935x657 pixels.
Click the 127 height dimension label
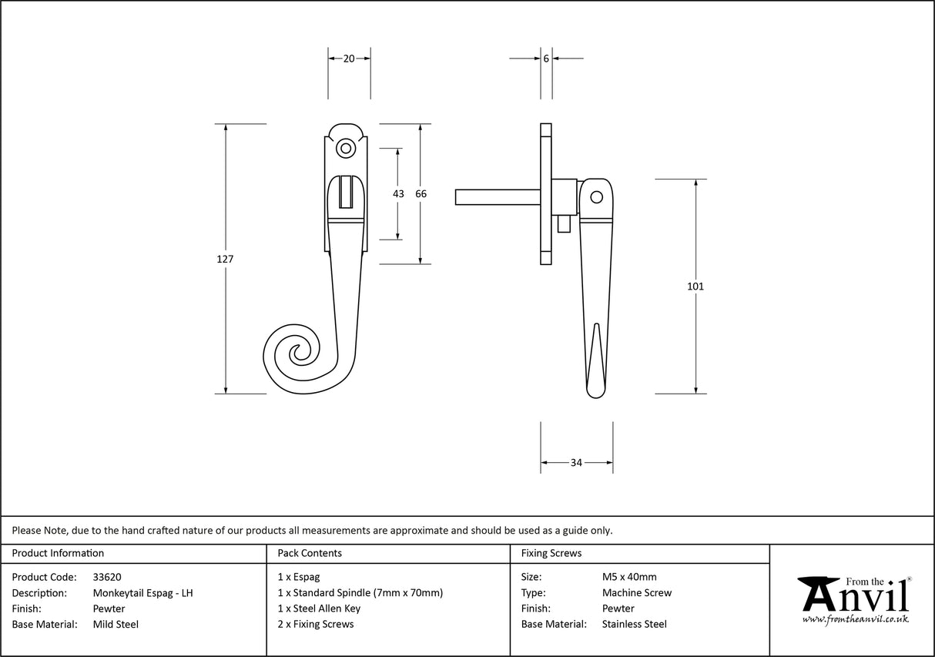click(225, 260)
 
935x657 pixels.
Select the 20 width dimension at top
click(349, 59)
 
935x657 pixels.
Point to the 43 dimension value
click(398, 194)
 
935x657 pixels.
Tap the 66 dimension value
click(421, 194)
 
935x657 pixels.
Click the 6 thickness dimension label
click(545, 59)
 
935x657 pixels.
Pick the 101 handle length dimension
click(695, 287)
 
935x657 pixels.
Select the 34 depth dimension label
click(576, 463)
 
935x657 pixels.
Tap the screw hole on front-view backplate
click(346, 148)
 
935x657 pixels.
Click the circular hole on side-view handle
click(595, 197)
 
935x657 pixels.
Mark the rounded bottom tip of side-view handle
click(595, 393)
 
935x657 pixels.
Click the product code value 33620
click(107, 577)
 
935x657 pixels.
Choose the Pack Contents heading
click(310, 553)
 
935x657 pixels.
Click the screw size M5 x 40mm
click(629, 577)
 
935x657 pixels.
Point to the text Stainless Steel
click(635, 624)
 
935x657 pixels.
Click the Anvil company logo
click(853, 599)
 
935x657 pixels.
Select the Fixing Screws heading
click(551, 553)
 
